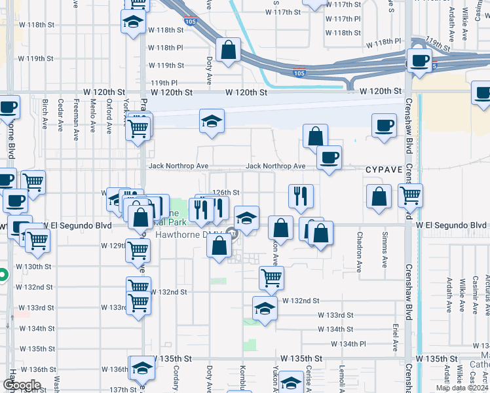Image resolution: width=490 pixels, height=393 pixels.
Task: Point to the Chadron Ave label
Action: click(360, 251)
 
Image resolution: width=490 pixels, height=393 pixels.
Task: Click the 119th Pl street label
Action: click(164, 83)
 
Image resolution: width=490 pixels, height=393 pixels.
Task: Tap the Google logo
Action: click(22, 385)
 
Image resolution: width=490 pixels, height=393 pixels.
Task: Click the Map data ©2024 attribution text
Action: click(462, 388)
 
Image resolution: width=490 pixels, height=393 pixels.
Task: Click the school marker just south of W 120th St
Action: click(212, 121)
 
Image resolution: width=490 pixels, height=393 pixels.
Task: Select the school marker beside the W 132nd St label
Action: click(265, 308)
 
